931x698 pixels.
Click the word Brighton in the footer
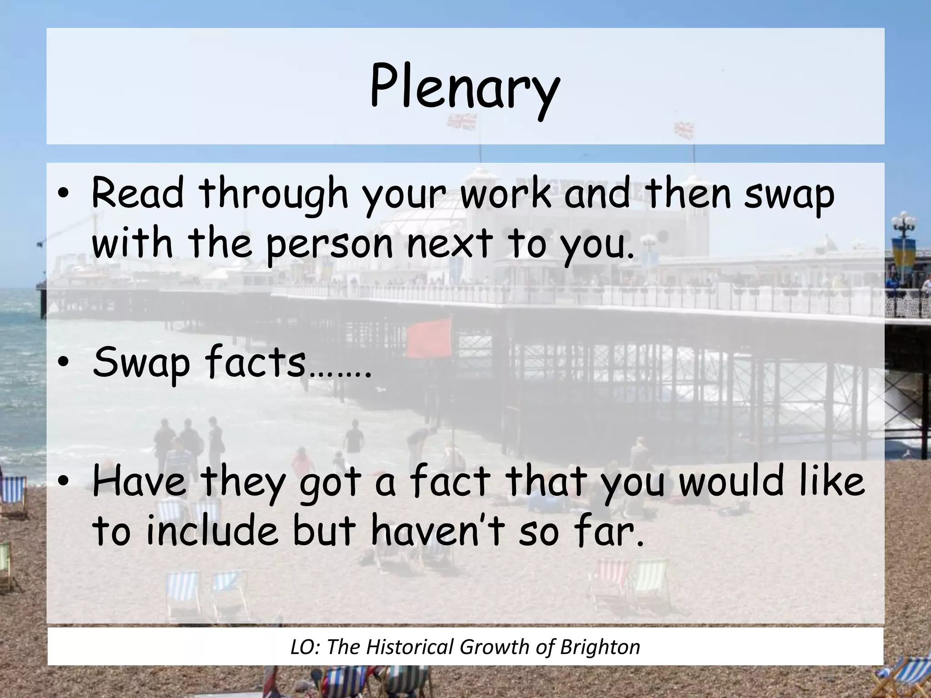pos(600,647)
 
